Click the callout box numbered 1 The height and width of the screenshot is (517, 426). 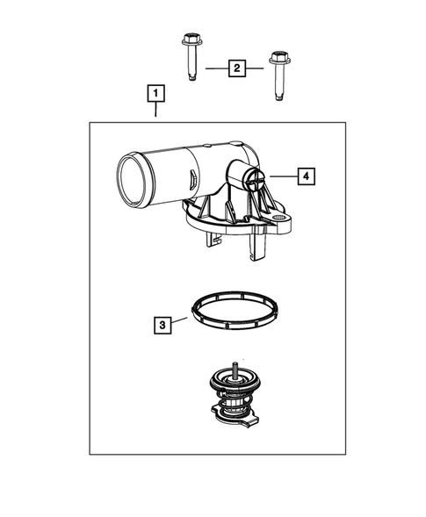[155, 92]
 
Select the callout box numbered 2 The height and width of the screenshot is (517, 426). [235, 67]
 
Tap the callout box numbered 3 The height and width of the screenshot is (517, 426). [162, 325]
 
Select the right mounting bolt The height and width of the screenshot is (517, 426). [278, 76]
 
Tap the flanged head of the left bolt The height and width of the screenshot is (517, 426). [191, 41]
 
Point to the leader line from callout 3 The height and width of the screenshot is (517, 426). [181, 320]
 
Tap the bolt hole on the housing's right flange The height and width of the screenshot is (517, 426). [280, 219]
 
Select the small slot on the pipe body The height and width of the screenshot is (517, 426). [190, 179]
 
